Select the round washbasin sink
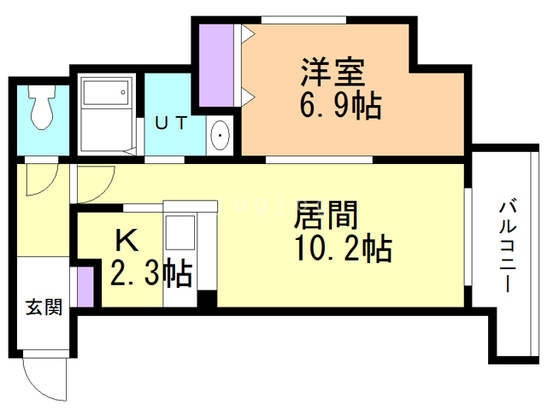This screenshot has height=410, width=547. (221, 135)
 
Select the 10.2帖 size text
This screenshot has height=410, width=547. (342, 249)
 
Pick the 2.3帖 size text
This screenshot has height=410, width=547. (150, 274)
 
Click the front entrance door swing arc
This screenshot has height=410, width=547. (43, 376)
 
